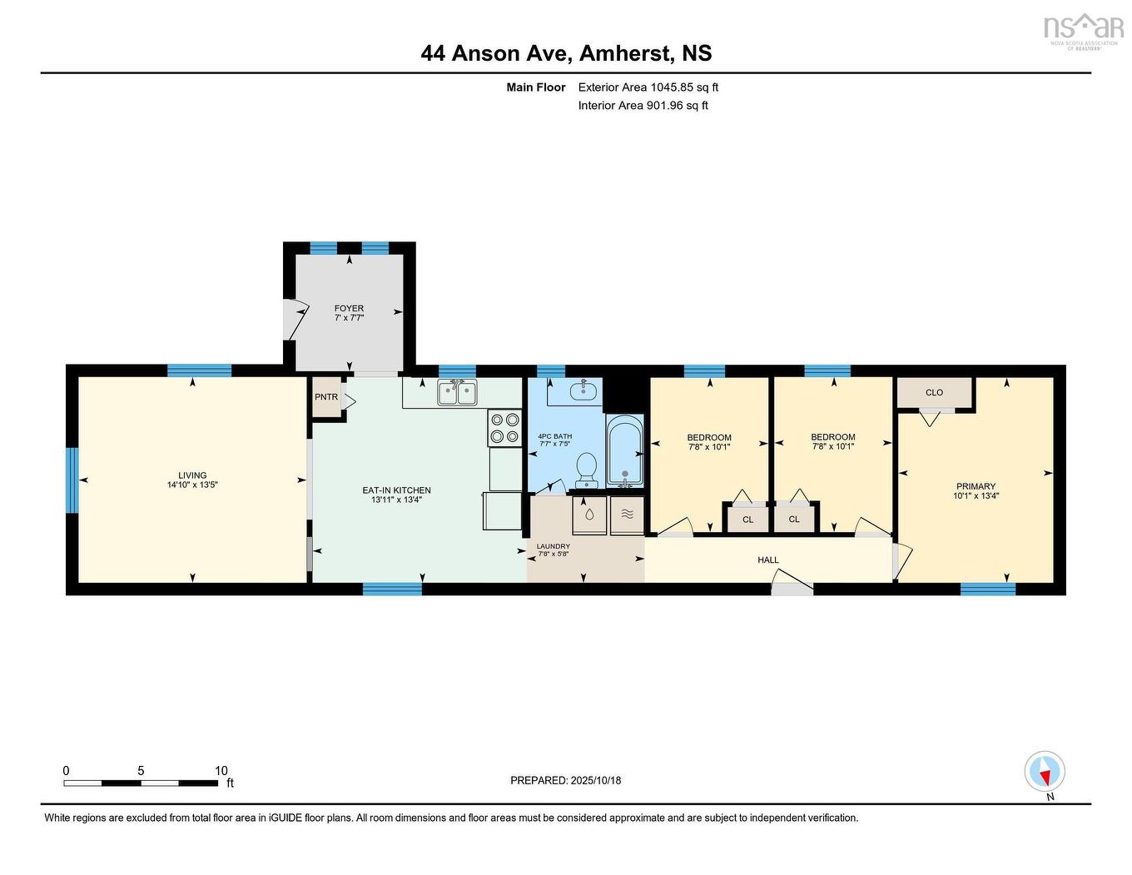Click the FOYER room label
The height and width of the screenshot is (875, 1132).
coord(349,308)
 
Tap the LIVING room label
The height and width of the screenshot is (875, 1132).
coord(192,475)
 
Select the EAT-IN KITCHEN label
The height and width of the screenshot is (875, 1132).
coord(396,490)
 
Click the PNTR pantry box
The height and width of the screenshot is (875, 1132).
coord(326,397)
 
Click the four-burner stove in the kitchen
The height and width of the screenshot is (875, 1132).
coord(504,428)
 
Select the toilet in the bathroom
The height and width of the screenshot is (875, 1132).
coord(586,469)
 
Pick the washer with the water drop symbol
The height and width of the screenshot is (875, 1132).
coord(589,515)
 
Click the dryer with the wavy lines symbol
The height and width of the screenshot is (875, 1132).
coord(628,515)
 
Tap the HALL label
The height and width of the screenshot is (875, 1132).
coord(768,559)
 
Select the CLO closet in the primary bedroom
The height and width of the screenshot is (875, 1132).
coord(934,392)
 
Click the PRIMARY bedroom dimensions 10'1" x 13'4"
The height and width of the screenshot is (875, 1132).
coord(976,495)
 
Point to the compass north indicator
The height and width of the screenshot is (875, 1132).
coord(1045,772)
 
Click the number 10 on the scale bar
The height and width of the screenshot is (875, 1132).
coord(221,770)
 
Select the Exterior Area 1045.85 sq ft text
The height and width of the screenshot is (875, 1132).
coord(648,87)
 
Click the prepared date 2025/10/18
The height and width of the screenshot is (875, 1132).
coord(595,780)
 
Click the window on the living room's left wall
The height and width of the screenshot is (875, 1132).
coord(72,480)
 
